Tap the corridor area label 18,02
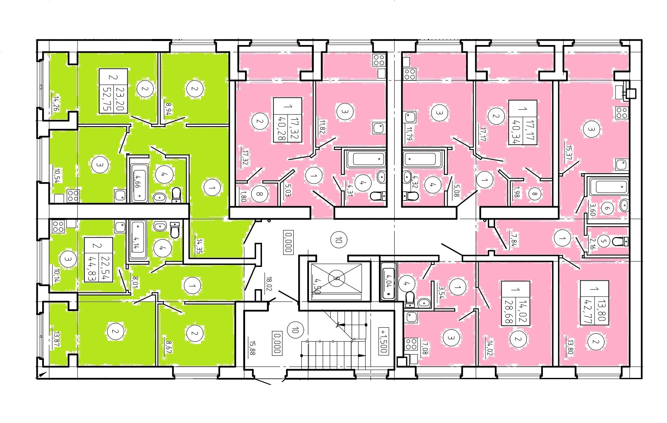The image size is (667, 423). tap(269, 283)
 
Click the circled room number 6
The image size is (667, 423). tap(607, 208)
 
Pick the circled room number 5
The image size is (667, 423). tap(604, 241)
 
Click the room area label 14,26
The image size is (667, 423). tap(56, 103)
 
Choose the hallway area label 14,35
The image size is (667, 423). tap(199, 246)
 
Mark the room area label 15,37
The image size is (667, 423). tap(569, 153)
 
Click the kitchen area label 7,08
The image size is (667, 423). tap(425, 349)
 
